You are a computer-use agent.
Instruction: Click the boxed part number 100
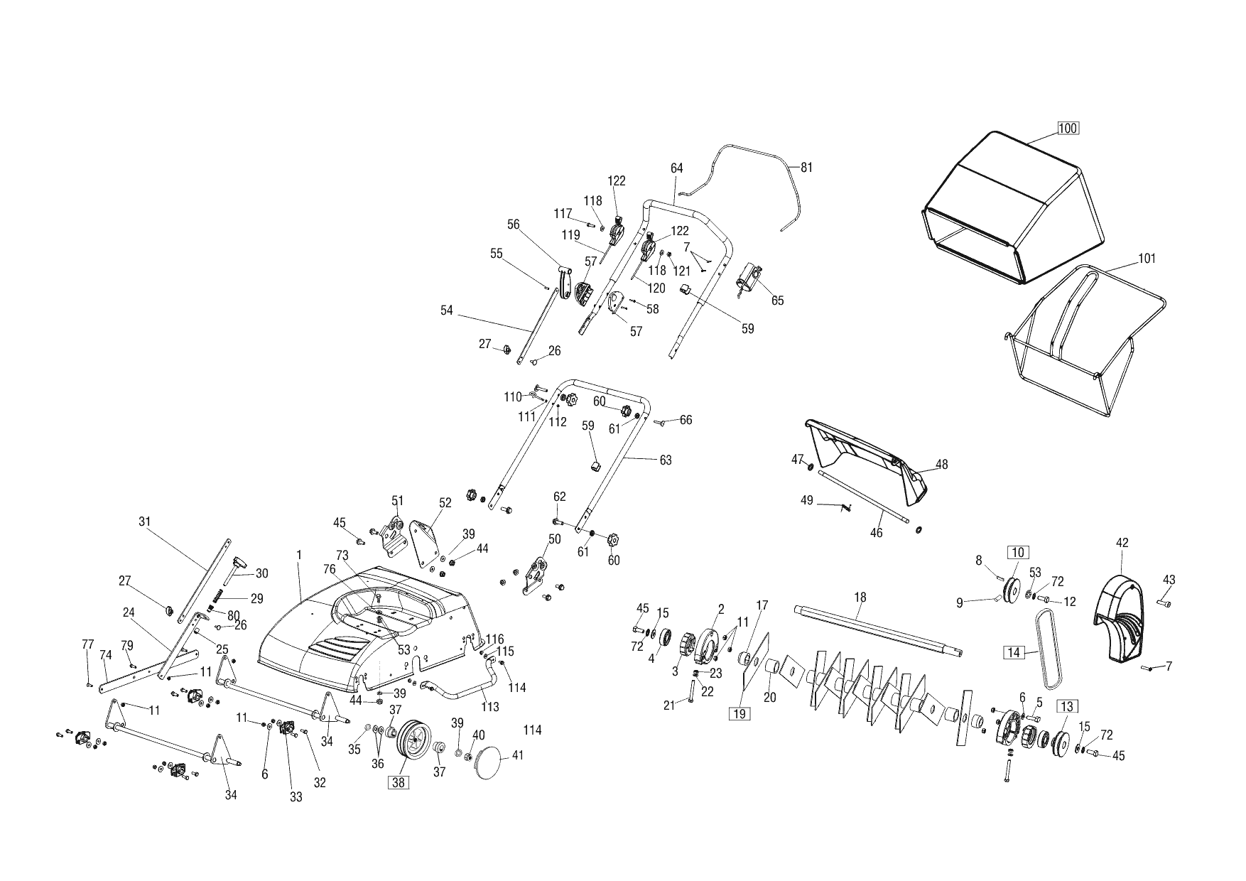[x=1068, y=129]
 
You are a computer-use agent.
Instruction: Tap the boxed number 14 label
[x=1013, y=652]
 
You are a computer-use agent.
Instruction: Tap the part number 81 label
[x=806, y=168]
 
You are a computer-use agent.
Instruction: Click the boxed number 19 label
[x=740, y=714]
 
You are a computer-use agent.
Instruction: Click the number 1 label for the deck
[x=299, y=554]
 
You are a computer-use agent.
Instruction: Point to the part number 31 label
[x=145, y=521]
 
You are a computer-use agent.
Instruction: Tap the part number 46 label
[x=877, y=532]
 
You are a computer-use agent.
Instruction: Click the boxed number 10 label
[x=1017, y=552]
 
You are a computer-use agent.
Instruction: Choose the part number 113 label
[x=490, y=707]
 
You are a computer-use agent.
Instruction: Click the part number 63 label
[x=666, y=460]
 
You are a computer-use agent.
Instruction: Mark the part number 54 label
[x=446, y=310]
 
